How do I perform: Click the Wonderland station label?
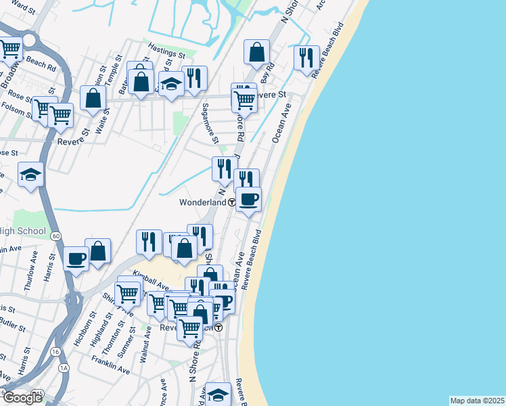(x=202, y=202)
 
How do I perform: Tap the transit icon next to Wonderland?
(x=231, y=202)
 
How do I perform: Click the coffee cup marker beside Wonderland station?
(x=248, y=200)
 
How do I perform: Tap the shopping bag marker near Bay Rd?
(x=257, y=52)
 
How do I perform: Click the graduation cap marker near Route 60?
(x=30, y=175)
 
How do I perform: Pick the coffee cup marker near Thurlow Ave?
(x=76, y=258)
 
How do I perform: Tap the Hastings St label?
(x=167, y=51)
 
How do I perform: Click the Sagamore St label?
(x=210, y=124)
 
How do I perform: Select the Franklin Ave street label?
(x=112, y=371)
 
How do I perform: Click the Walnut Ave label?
(x=145, y=344)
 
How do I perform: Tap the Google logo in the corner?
(x=22, y=398)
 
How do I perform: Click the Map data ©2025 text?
(x=476, y=401)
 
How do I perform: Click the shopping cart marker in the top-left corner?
(x=9, y=49)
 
